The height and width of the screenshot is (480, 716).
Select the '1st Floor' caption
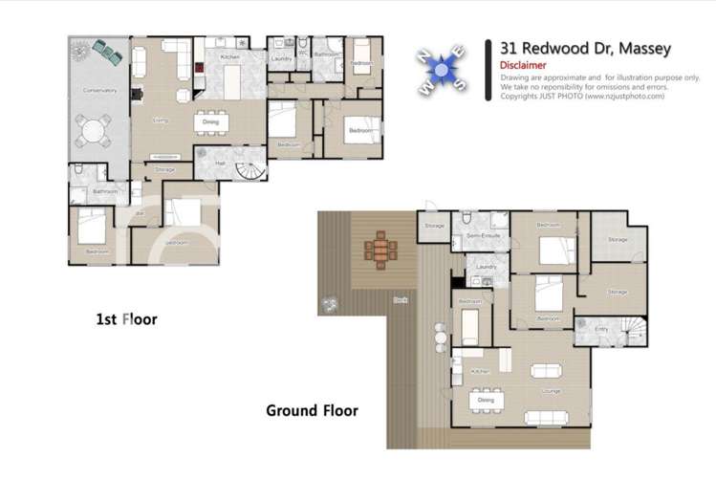click(125, 319)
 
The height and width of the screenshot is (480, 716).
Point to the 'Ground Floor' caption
click(312, 411)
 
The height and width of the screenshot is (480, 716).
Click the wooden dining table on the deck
click(380, 251)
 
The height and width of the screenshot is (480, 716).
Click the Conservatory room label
click(98, 91)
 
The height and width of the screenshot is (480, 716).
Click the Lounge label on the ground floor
click(550, 392)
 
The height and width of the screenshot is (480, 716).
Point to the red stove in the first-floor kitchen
click(200, 67)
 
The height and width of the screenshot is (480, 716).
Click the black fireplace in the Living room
click(136, 96)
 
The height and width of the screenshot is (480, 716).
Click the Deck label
click(399, 299)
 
